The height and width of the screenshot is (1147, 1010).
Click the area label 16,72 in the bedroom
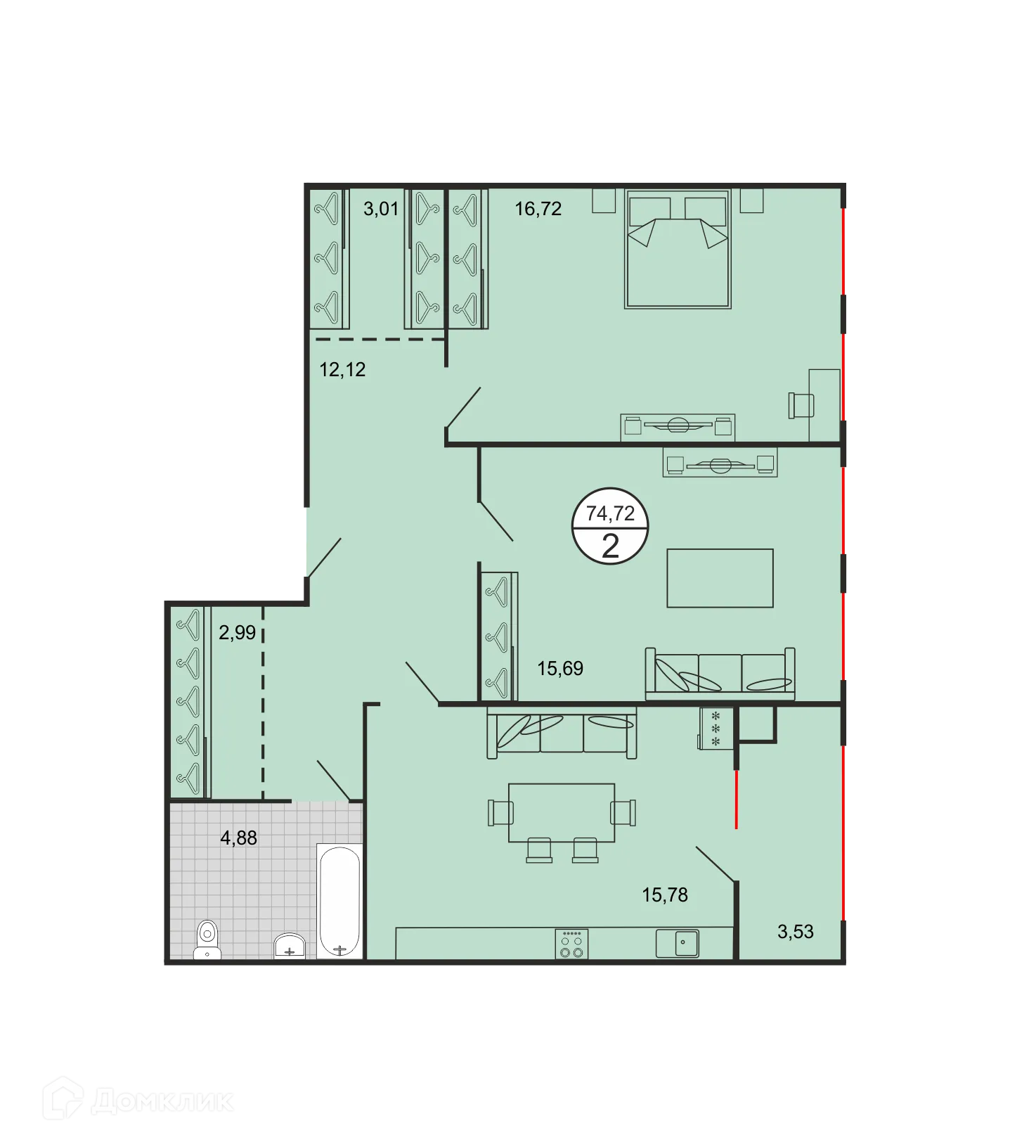pyautogui.click(x=538, y=209)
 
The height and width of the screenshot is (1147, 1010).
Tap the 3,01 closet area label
pyautogui.click(x=381, y=209)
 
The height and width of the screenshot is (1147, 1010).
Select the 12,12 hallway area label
pyautogui.click(x=342, y=369)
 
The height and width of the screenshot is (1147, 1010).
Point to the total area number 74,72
pyautogui.click(x=610, y=513)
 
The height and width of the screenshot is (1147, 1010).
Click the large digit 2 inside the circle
pyautogui.click(x=610, y=546)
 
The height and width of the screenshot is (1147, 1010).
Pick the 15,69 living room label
pyautogui.click(x=560, y=668)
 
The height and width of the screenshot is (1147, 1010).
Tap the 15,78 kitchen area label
pyautogui.click(x=664, y=895)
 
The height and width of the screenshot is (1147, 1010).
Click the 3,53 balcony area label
pyautogui.click(x=795, y=932)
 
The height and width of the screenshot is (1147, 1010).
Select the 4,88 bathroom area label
pyautogui.click(x=238, y=838)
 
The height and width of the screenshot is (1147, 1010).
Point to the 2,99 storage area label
pyautogui.click(x=237, y=633)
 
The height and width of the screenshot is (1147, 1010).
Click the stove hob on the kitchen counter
pyautogui.click(x=571, y=944)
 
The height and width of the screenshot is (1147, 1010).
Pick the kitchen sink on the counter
pyautogui.click(x=678, y=943)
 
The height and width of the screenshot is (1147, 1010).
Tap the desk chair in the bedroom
pyautogui.click(x=801, y=406)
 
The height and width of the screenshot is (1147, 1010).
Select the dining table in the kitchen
pyautogui.click(x=561, y=812)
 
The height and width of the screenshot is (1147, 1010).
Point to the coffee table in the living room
pyautogui.click(x=720, y=578)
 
